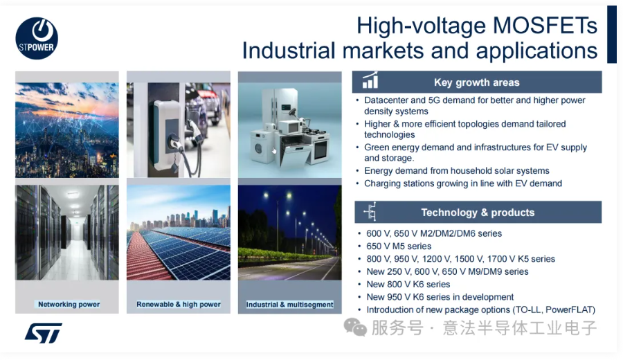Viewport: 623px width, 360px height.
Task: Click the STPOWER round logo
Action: click(37, 38)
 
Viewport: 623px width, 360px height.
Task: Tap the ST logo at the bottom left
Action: click(44, 333)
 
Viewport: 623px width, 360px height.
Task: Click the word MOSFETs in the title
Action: click(545, 26)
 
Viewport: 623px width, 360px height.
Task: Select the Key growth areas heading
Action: click(477, 82)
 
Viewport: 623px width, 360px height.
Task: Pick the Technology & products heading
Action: click(478, 213)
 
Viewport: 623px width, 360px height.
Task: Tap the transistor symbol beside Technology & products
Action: click(370, 212)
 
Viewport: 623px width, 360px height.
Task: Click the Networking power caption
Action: click(69, 305)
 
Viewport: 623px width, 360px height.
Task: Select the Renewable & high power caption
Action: click(179, 305)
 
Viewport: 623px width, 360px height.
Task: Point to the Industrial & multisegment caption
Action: click(289, 305)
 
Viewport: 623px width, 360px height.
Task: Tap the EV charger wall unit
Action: click(167, 127)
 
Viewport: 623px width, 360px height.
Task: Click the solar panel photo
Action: click(179, 233)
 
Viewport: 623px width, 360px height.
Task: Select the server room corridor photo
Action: click(67, 233)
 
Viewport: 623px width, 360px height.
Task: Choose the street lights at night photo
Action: click(289, 233)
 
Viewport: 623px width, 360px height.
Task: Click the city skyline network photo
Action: click(67, 130)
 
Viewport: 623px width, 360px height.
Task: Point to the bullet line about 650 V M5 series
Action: click(399, 246)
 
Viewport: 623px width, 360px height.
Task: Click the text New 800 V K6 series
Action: click(408, 285)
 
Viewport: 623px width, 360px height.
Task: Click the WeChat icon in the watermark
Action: click(355, 327)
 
